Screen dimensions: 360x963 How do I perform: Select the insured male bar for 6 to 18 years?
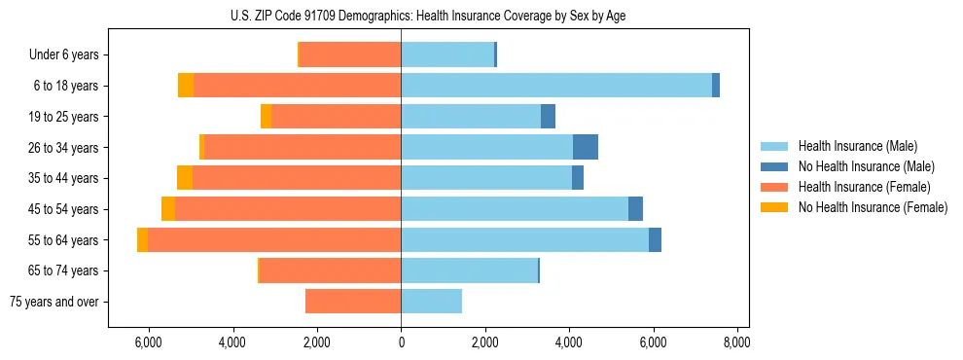click(x=555, y=86)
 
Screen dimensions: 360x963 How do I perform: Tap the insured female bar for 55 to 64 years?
click(x=274, y=239)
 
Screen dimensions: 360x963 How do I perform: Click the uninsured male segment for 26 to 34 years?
click(x=585, y=147)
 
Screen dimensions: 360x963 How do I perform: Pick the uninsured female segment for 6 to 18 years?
click(x=186, y=86)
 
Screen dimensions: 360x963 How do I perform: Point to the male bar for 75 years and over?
click(x=431, y=302)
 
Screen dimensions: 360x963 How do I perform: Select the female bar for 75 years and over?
click(x=353, y=302)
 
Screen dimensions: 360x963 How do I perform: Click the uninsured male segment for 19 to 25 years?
click(x=548, y=117)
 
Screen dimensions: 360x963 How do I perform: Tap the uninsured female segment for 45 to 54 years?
click(x=168, y=208)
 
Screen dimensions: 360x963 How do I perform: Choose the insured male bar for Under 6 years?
click(x=447, y=55)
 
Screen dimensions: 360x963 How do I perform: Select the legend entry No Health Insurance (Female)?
click(x=873, y=207)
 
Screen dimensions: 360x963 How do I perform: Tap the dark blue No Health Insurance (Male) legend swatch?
click(x=774, y=166)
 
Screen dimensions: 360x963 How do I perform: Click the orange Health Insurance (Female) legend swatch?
click(x=774, y=187)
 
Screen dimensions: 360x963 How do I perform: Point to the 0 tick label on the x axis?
click(x=401, y=342)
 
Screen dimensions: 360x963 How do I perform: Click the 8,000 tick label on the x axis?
click(x=736, y=342)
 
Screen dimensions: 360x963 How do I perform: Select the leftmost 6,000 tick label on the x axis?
click(x=148, y=342)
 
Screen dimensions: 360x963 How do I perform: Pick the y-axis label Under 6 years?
click(x=64, y=55)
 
